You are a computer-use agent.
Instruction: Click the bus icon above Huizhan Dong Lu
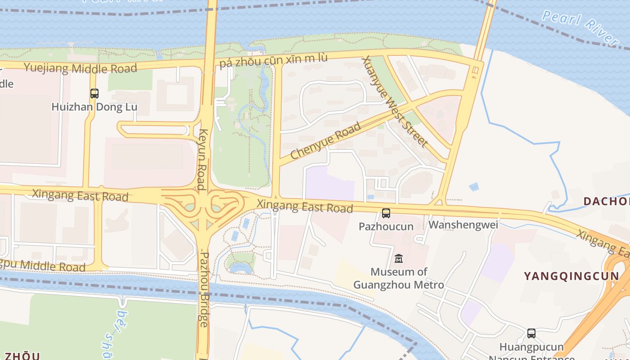coord(94,94)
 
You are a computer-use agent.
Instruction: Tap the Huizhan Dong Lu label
coord(94,107)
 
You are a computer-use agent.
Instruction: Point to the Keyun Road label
coord(202,159)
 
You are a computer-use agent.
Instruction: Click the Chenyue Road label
coord(326,140)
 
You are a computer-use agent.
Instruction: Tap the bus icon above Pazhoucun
coord(386,213)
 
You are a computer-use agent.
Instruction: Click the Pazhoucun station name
coord(386,226)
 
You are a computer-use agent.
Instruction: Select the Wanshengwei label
coord(463,225)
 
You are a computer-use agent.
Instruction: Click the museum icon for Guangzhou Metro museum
coord(399,259)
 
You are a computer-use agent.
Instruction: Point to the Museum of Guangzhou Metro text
coord(399,278)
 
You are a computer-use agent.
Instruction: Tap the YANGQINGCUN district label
coord(571,276)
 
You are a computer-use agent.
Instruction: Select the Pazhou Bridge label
coord(204,289)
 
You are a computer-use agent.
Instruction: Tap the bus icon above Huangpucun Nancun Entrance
coord(531,333)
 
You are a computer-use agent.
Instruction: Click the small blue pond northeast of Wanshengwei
coord(473,186)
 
